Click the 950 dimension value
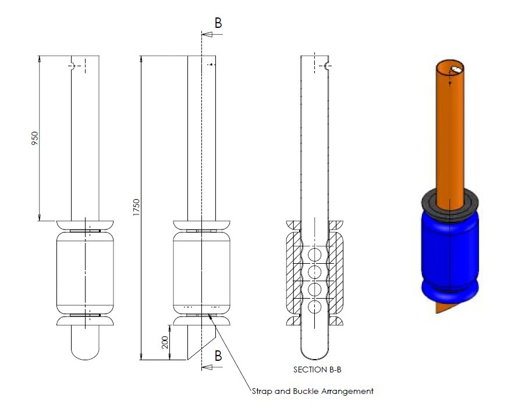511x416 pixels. (x=35, y=138)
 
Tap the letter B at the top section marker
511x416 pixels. (x=218, y=23)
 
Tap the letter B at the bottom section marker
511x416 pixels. (x=218, y=356)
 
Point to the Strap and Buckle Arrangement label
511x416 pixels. (x=312, y=391)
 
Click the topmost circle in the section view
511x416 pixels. (x=315, y=254)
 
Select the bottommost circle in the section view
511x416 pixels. (x=315, y=306)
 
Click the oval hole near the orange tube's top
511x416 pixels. (x=457, y=69)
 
